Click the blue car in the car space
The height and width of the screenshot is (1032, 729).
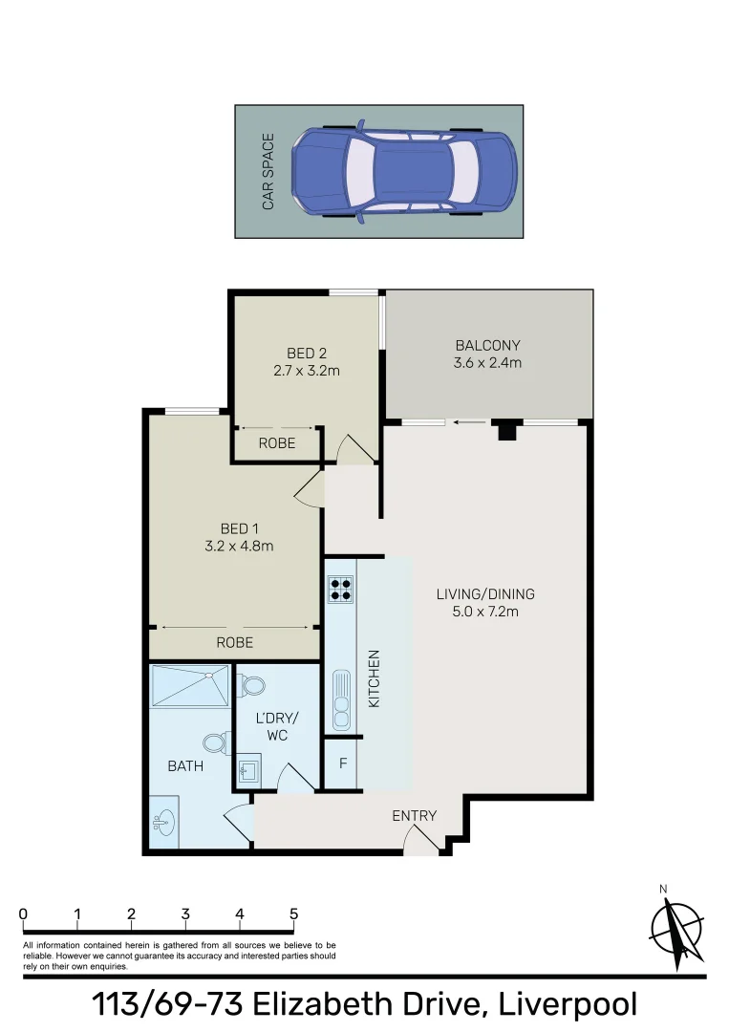point(402,171)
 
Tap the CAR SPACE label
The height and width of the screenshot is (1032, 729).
point(268,172)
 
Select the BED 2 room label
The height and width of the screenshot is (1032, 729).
point(307,354)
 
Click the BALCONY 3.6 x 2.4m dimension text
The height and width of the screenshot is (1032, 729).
point(487,363)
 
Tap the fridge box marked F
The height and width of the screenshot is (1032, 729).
point(342,764)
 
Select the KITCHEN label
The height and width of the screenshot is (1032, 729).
point(375,679)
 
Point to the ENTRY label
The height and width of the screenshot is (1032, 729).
point(414,815)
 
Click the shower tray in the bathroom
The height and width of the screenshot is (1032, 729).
point(190,685)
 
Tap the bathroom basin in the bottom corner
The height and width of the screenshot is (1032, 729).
point(162,822)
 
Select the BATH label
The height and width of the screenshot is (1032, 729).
point(185,766)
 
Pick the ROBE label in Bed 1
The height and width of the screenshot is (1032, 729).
point(234,642)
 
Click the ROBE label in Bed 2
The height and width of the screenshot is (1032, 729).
point(277,443)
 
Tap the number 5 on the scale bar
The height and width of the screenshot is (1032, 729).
point(293,914)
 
